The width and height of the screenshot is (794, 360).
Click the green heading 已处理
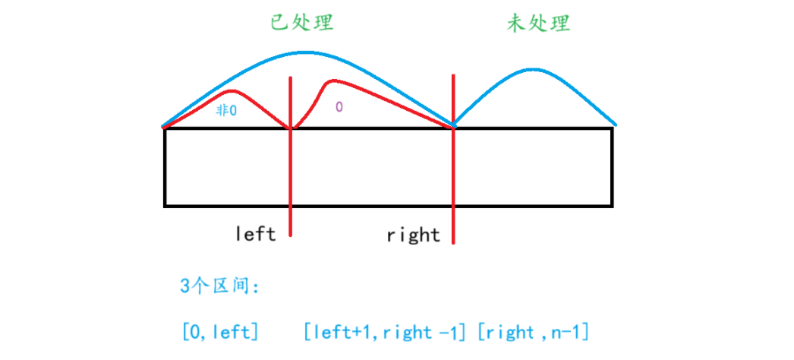(302, 23)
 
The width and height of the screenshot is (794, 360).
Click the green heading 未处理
(538, 24)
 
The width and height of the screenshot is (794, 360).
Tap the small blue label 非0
(226, 110)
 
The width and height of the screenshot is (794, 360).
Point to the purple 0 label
(339, 107)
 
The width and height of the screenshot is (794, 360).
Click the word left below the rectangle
(255, 233)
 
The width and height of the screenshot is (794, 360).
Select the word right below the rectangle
(413, 235)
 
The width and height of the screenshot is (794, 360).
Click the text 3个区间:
(220, 286)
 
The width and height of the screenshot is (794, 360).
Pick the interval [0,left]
(220, 331)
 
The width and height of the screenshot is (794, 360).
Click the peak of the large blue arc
(304, 52)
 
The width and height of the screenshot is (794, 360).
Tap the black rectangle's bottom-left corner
(165, 205)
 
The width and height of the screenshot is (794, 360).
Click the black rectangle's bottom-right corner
(612, 205)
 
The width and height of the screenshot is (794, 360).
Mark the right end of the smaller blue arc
(615, 125)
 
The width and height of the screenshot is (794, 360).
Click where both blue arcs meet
(453, 124)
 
